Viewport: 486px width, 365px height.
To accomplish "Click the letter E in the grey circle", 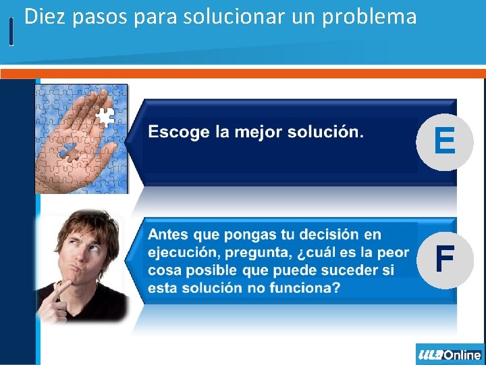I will click(x=444, y=141).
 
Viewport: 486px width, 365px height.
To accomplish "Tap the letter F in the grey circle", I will click(x=443, y=259).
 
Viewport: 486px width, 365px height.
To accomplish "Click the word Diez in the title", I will click(x=45, y=16).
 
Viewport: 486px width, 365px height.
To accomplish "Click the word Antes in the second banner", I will click(x=168, y=235).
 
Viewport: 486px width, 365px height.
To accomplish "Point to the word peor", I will click(x=393, y=252).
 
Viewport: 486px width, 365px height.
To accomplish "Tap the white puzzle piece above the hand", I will click(x=105, y=118).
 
